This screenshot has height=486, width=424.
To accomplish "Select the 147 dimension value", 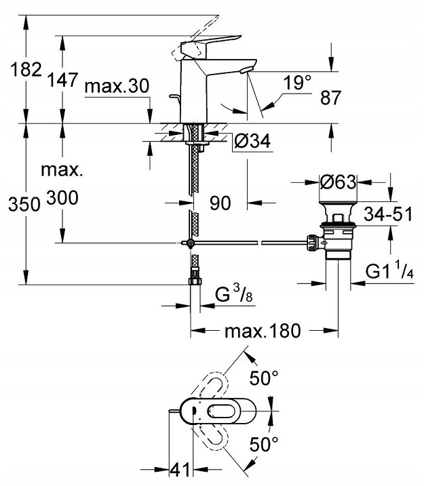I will (62, 80).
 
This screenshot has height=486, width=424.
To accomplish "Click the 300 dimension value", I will (62, 198).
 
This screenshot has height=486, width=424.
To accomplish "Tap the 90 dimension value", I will (220, 202).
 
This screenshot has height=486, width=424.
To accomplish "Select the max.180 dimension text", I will (263, 331).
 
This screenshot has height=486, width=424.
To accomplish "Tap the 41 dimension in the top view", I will (181, 469).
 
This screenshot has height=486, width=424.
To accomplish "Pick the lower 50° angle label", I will (265, 445).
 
